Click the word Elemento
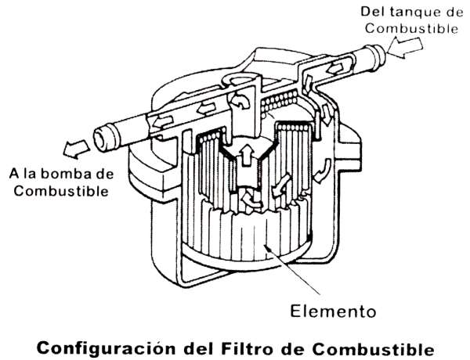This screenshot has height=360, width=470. (x=333, y=311)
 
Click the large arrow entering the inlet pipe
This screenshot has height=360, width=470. (x=405, y=46)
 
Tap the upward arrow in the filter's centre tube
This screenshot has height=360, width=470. (x=247, y=154)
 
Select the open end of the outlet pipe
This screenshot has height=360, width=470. (x=101, y=140)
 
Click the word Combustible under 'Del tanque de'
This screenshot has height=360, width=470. (x=411, y=29)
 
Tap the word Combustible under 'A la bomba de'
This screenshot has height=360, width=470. (x=61, y=191)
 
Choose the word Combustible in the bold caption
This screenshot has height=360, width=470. (x=373, y=348)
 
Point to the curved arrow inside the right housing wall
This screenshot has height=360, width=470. (x=323, y=171)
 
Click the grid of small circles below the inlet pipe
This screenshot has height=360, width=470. (x=278, y=102)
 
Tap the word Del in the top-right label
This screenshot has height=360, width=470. (x=371, y=12)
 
